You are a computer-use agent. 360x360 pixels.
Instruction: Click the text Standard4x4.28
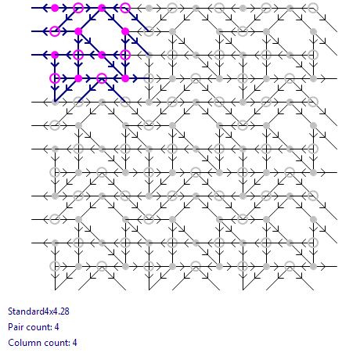point(38,311)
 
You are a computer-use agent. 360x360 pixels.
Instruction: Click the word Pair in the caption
point(15,327)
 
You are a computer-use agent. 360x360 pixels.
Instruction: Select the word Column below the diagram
point(22,343)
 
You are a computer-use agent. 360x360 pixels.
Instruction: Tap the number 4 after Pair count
point(56,327)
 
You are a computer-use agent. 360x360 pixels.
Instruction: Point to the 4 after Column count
point(74,343)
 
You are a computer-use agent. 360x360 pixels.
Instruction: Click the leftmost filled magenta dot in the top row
point(55,8)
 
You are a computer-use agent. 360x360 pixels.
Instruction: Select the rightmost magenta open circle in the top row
point(125,8)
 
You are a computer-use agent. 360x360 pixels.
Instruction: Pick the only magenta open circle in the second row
point(55,31)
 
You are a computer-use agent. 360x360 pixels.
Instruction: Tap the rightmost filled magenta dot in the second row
point(125,31)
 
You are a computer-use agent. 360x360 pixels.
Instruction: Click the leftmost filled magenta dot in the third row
point(55,55)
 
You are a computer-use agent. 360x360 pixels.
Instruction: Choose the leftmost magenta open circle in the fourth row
point(55,78)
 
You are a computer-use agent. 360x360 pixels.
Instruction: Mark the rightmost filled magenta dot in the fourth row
point(125,78)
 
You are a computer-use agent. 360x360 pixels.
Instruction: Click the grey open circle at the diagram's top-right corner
point(313,8)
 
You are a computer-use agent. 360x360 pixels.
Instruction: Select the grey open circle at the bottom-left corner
point(55,266)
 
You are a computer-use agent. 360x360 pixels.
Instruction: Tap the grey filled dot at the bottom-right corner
point(313,266)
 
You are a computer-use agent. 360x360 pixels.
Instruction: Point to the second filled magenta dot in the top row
point(102,8)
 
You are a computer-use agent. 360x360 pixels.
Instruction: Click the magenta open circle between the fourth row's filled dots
point(102,78)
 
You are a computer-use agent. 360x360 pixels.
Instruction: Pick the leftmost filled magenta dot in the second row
point(78,31)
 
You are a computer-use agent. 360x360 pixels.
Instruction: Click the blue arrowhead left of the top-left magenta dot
point(45,8)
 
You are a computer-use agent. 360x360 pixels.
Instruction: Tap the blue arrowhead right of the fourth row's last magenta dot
point(135,78)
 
